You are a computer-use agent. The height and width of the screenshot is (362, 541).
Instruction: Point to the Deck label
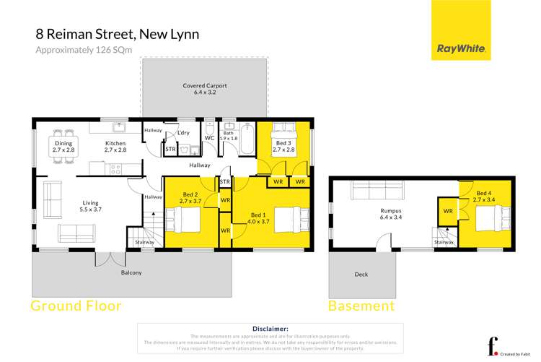tap(361, 275)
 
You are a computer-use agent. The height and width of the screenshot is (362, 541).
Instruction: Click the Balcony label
tap(131, 272)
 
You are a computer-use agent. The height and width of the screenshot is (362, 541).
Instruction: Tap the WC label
tap(209, 137)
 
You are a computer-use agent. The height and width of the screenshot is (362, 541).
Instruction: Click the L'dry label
tap(182, 132)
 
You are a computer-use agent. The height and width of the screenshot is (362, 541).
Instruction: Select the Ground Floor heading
tap(76, 306)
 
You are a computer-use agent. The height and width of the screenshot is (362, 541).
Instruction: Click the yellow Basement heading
tap(361, 306)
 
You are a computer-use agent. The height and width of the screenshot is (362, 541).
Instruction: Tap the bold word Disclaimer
tap(268, 328)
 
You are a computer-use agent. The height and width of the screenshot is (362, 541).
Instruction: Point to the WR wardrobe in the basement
tap(448, 210)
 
